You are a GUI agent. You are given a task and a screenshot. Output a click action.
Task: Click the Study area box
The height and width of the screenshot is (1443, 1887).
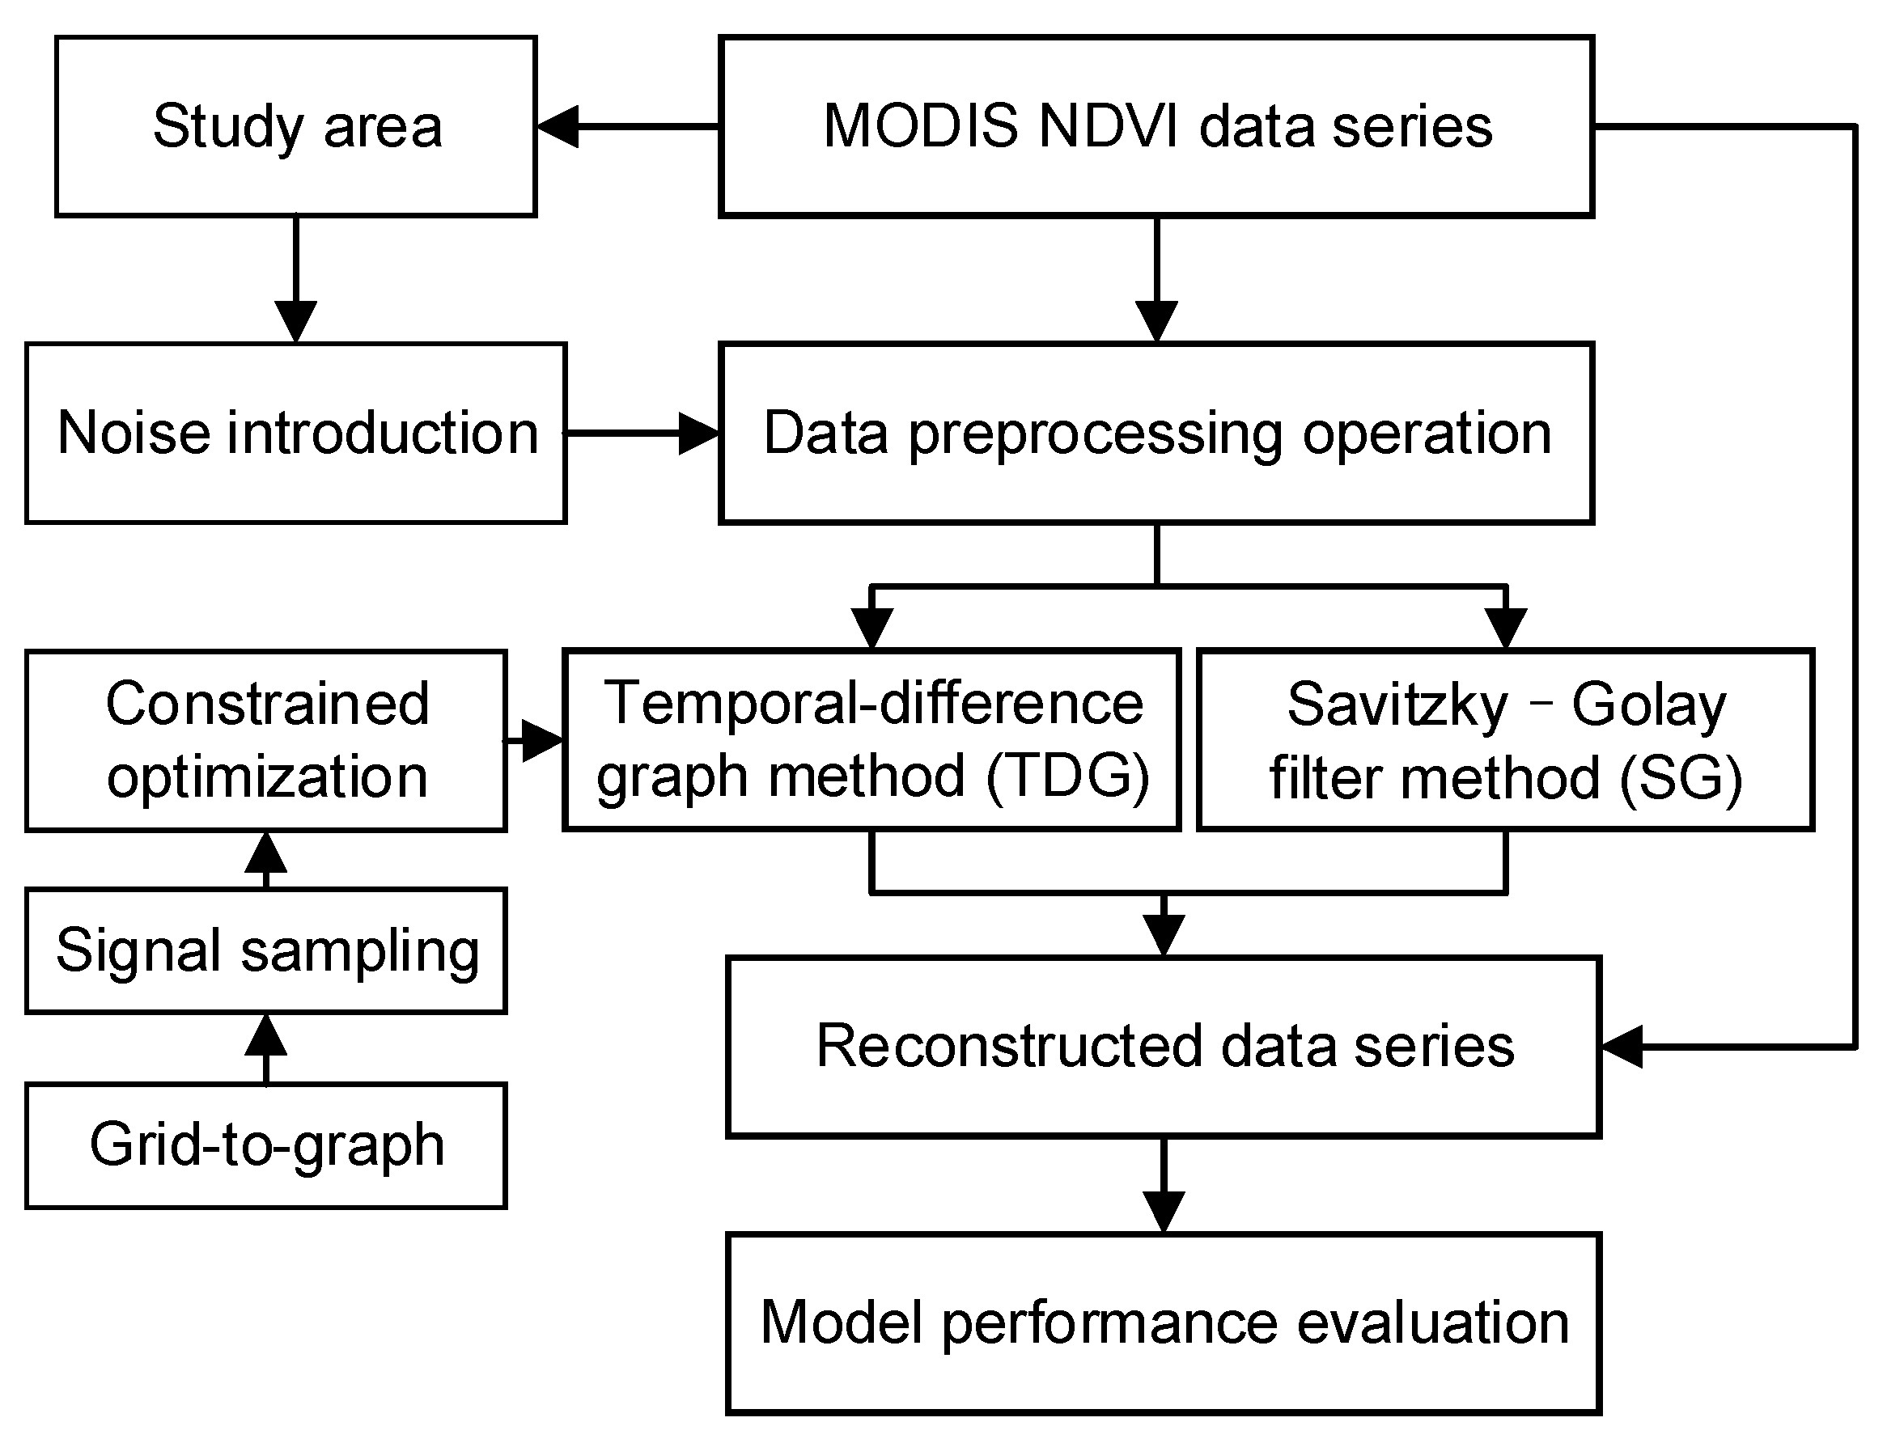point(295,126)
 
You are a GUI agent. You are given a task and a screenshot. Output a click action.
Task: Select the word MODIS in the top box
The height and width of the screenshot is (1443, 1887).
point(920,126)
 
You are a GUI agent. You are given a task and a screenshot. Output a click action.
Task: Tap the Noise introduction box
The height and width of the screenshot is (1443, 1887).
point(295,433)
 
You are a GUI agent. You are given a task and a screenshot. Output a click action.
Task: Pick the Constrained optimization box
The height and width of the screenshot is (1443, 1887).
point(266,740)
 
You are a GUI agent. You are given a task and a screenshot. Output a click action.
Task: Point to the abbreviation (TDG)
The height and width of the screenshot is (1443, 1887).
point(1067,776)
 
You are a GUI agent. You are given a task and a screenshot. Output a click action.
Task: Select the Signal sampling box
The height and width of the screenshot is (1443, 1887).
point(266,951)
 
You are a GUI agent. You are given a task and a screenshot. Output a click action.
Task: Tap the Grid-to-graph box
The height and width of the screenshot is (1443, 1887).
point(266,1145)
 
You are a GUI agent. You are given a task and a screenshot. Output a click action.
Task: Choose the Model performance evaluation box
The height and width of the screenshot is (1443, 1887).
point(1164,1322)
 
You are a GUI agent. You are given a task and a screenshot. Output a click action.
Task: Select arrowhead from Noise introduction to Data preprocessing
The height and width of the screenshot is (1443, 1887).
point(698,433)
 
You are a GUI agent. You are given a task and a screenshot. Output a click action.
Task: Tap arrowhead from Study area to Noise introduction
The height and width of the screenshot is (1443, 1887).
point(295,321)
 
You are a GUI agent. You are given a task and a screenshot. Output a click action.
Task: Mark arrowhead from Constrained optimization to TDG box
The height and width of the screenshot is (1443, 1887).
point(541,739)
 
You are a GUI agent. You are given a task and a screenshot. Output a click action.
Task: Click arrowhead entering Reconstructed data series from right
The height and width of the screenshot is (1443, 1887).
point(1622,1046)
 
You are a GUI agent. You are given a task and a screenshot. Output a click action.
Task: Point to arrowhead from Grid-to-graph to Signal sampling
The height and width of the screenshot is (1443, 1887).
point(266,1036)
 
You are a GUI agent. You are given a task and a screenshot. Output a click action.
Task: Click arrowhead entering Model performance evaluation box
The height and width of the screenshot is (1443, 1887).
point(1164,1211)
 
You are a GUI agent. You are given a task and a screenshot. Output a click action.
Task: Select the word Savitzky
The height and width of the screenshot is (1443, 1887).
point(1397,705)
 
